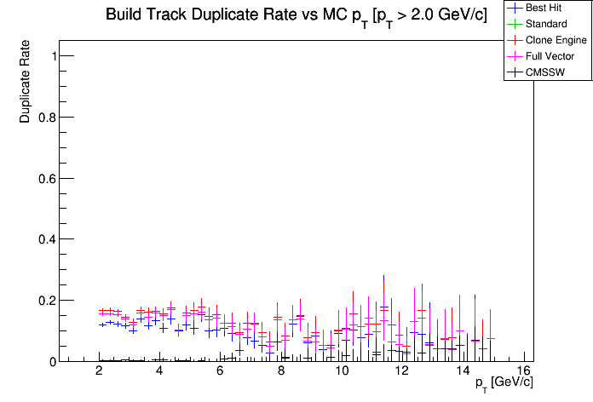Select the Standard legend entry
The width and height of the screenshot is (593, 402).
tap(546, 24)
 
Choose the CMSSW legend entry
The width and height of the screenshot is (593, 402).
tap(546, 72)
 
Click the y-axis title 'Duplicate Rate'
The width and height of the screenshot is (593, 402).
tap(26, 81)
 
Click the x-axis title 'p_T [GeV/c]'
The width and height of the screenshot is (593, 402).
tap(504, 382)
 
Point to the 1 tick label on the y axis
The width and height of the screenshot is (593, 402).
tap(54, 56)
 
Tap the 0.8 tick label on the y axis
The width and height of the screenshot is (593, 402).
tap(48, 118)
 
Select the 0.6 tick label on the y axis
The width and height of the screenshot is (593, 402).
tap(48, 178)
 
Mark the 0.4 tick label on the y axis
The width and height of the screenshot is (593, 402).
tap(48, 239)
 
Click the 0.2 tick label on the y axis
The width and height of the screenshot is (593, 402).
tap(48, 301)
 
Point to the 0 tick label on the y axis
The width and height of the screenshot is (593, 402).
tap(54, 361)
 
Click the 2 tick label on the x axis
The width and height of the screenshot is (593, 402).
tap(100, 371)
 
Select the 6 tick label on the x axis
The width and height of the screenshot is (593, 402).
tap(221, 371)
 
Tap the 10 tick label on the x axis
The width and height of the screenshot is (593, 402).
tap(342, 371)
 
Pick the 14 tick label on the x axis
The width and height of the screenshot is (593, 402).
tap(463, 371)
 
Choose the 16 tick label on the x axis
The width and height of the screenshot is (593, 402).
tap(523, 371)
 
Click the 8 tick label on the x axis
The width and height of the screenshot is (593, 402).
tap(281, 371)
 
